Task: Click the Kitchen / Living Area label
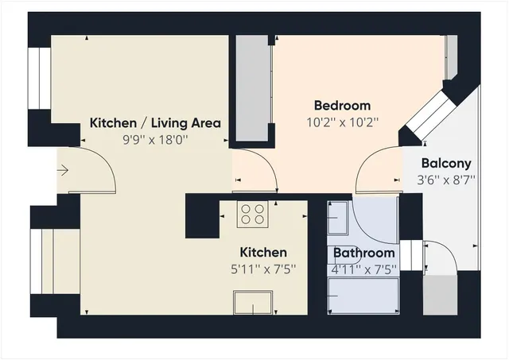coord(154,123)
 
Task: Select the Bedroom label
coord(342,106)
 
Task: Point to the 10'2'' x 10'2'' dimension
coord(342,122)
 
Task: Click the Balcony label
coord(448,164)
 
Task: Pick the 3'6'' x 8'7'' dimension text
coord(448,180)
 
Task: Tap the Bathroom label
coord(363,254)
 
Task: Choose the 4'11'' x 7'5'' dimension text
coord(363,269)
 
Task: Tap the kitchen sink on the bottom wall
coord(253,303)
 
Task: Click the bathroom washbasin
coord(337,217)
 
